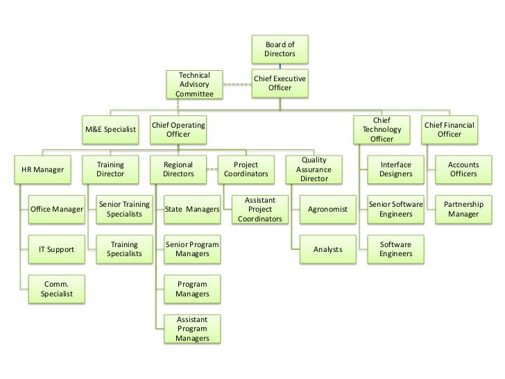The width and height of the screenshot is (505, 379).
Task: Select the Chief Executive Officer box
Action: (x=280, y=83)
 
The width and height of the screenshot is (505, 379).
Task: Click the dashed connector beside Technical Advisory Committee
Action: (x=237, y=85)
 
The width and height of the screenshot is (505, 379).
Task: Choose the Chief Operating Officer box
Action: (x=178, y=129)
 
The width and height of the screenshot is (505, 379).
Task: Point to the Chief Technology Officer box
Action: (x=382, y=130)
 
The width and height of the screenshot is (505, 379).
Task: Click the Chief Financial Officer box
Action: (x=450, y=129)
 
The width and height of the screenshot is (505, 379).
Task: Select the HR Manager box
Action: (x=43, y=169)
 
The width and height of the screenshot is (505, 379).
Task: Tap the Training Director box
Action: (x=111, y=169)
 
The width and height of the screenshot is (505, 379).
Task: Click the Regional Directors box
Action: (x=178, y=169)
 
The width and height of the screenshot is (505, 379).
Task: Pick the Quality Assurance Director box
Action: (x=314, y=169)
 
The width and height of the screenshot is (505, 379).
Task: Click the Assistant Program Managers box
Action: (x=192, y=329)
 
